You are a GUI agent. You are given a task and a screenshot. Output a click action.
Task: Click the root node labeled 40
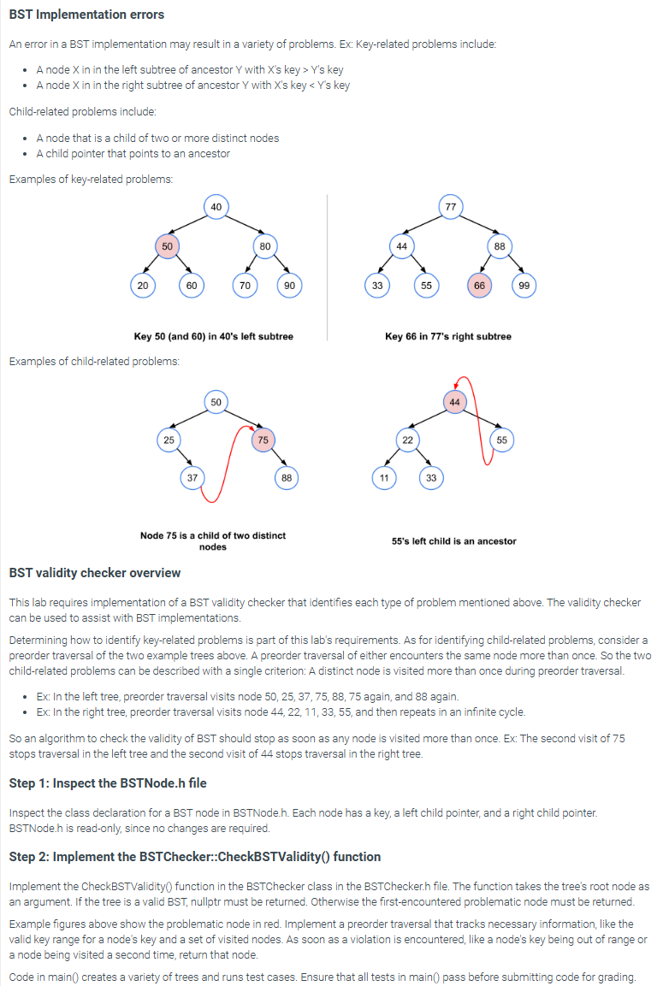click(216, 206)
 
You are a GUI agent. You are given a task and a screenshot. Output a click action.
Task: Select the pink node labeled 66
click(479, 286)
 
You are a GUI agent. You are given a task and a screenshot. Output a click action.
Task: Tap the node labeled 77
click(450, 206)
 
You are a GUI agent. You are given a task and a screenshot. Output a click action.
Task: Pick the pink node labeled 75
click(263, 440)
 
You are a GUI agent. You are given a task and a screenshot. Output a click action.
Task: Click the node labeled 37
click(193, 478)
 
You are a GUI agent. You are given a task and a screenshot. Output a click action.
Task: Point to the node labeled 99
click(524, 286)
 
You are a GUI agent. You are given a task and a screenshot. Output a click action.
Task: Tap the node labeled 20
click(142, 286)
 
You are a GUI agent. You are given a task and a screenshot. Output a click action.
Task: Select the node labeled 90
click(289, 286)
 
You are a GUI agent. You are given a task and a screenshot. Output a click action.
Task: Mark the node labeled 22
click(407, 440)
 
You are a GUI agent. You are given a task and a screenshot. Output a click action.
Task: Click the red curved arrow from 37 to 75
click(227, 466)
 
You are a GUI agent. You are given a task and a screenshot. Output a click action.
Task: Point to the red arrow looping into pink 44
click(481, 419)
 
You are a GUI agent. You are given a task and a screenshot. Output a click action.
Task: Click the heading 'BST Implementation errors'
click(86, 15)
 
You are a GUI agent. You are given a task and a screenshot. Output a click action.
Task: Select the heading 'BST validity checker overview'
click(94, 572)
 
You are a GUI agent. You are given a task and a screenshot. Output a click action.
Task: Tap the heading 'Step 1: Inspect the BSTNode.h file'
click(107, 783)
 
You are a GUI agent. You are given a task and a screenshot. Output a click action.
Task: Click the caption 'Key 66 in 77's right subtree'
click(448, 336)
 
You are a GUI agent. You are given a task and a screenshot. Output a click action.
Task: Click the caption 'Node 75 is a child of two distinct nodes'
click(213, 540)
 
